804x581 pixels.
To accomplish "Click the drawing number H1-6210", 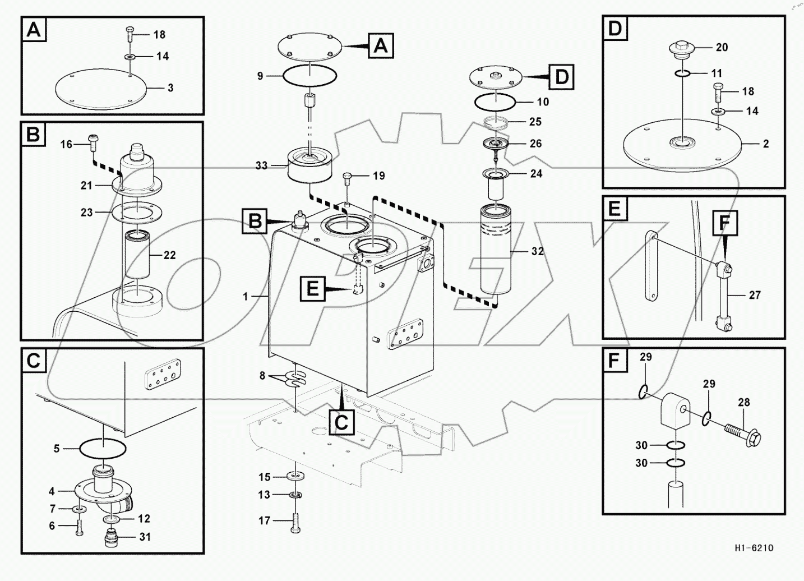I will coord(753,548).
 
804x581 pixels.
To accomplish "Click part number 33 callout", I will coord(261,166).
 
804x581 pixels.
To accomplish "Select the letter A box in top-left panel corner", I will coord(34,30).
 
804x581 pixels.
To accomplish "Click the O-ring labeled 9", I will coord(309,75).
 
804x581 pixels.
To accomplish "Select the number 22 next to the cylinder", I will coord(169,255).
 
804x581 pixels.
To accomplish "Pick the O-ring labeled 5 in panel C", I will coord(103,449).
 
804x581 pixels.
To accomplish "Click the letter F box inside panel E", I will coord(724,223).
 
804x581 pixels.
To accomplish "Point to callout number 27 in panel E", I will coord(755,295).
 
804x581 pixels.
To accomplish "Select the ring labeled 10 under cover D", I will coord(496,102).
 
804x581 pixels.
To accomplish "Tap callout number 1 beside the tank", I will coord(245,296).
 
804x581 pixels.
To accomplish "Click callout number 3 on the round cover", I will coord(170,88).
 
